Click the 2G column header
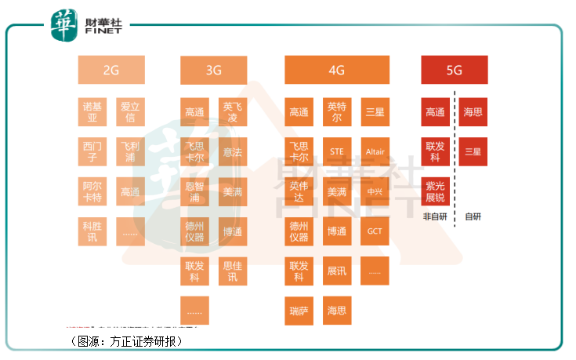(110, 70)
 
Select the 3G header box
(213, 70)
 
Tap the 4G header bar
(336, 70)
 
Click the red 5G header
(454, 70)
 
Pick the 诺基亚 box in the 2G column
(92, 112)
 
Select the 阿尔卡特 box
(92, 191)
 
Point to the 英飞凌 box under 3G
(232, 112)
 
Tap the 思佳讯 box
(232, 271)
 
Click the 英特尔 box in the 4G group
(336, 112)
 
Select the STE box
(336, 151)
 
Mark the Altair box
(375, 151)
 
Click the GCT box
(375, 231)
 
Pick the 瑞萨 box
(299, 311)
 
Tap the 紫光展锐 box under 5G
(435, 191)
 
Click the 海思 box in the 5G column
(473, 112)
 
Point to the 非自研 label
(435, 217)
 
